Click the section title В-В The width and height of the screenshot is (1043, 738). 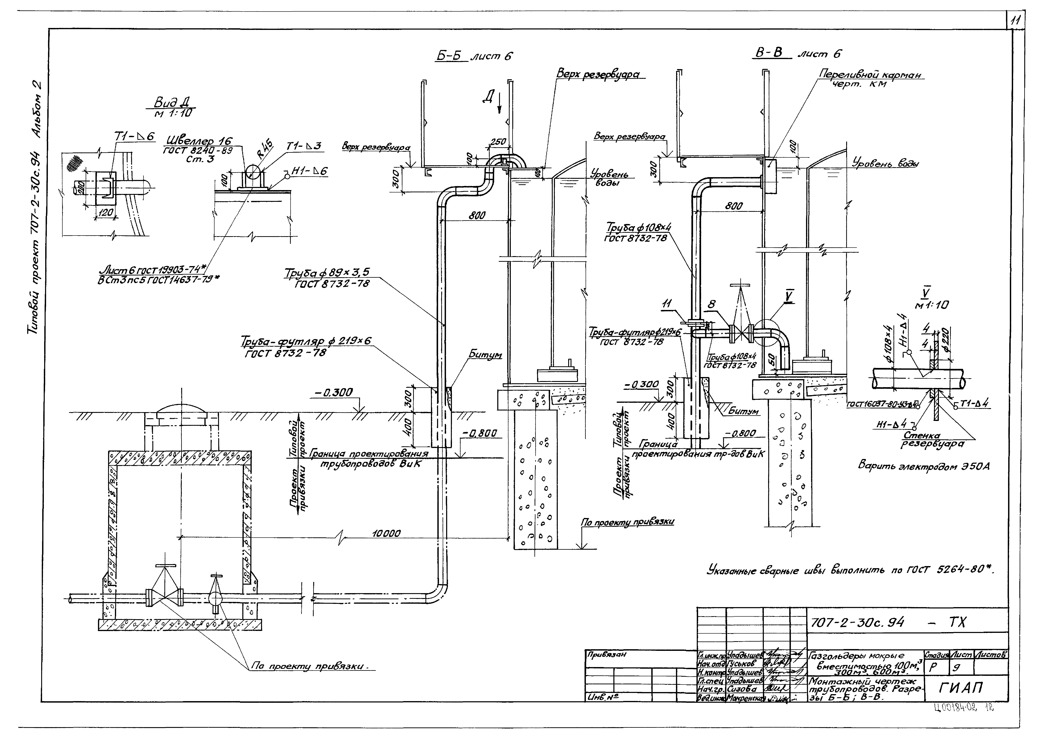click(769, 53)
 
